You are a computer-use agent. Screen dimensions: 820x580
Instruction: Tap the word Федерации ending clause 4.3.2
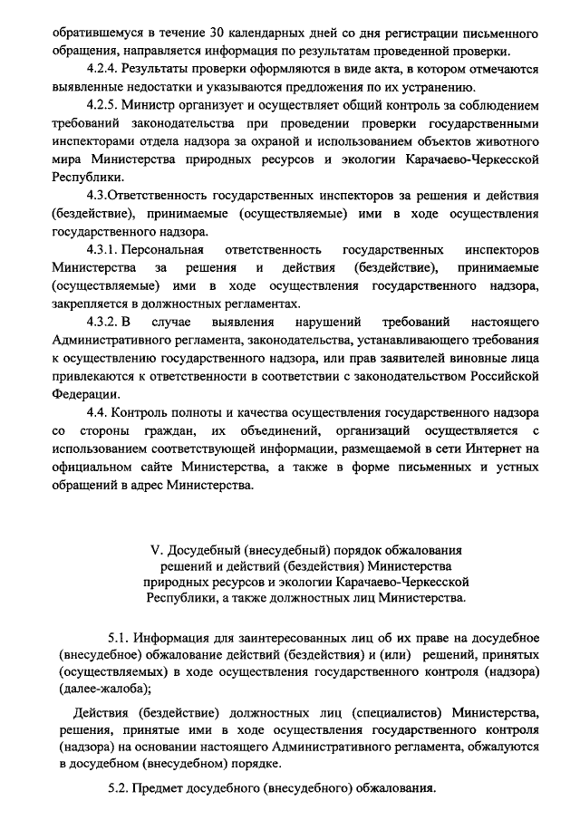click(x=85, y=394)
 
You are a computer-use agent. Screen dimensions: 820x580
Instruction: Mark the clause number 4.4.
click(x=98, y=412)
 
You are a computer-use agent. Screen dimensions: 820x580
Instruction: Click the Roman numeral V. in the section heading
click(x=154, y=550)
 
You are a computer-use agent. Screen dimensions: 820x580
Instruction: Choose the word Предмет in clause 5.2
click(x=160, y=788)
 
